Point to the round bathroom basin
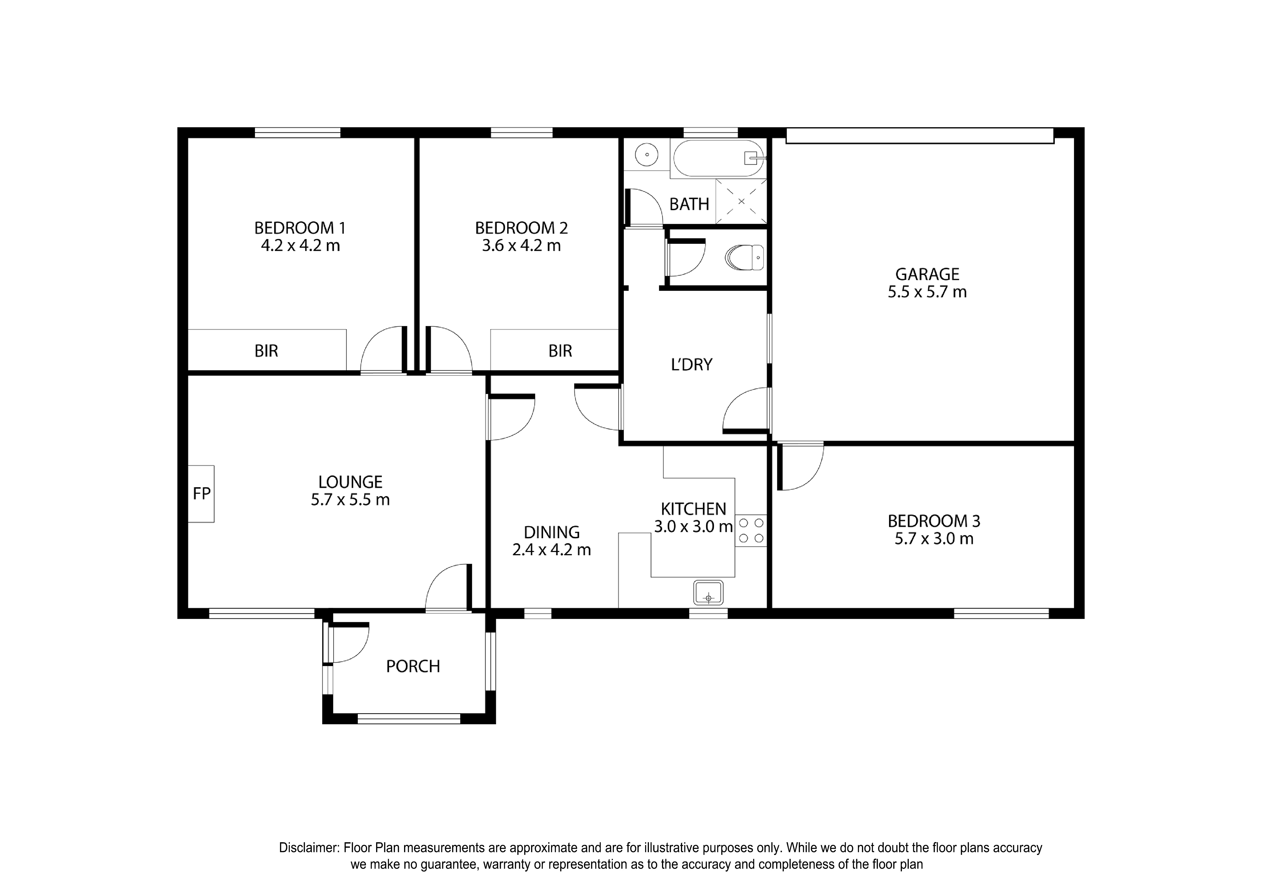point(646,155)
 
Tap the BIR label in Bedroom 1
point(266,351)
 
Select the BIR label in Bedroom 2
point(560,351)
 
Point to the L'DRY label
point(692,364)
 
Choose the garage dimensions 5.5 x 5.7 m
point(927,292)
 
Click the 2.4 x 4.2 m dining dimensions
point(552,550)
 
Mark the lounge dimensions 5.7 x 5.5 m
point(350,500)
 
